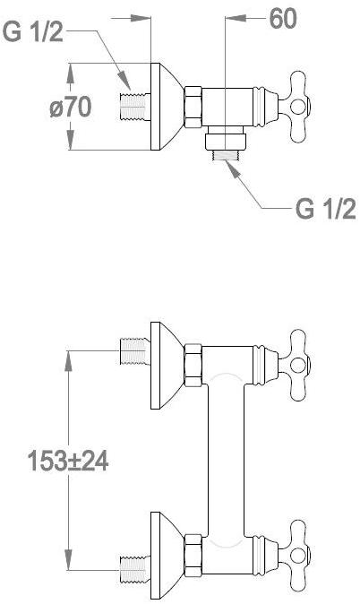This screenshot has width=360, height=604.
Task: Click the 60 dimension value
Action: (x=283, y=19)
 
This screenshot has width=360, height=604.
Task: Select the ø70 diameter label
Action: (x=71, y=107)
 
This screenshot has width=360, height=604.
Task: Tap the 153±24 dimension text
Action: (x=68, y=461)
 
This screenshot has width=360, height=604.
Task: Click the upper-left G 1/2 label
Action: (x=33, y=31)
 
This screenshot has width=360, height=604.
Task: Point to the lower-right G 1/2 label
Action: (x=326, y=209)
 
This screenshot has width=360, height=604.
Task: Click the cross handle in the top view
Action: (x=295, y=107)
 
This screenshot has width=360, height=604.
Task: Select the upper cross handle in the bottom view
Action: (x=295, y=365)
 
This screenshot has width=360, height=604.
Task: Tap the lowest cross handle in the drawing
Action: (x=295, y=556)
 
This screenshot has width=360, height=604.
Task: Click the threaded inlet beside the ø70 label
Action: (x=134, y=107)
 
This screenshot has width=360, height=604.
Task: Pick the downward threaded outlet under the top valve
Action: (x=225, y=155)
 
